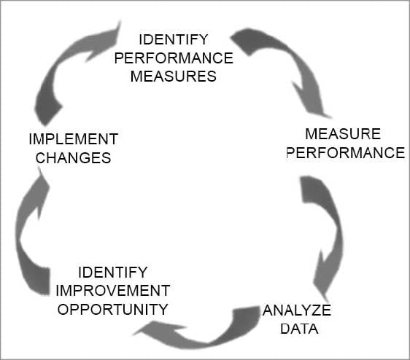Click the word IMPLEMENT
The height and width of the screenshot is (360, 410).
[x=74, y=139]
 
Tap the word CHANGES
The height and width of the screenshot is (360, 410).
[x=73, y=158]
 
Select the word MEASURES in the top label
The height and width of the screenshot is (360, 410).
[x=174, y=77]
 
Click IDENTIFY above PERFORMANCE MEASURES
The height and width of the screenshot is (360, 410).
[x=174, y=39]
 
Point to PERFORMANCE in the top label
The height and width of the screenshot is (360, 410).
[x=174, y=58]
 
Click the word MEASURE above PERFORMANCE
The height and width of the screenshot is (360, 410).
[x=343, y=134]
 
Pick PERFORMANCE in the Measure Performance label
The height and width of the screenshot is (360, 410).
[x=345, y=153]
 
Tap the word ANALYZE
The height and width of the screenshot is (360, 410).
[x=297, y=310]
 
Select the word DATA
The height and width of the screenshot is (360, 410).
[x=299, y=329]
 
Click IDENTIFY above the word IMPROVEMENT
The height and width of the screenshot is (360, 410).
[x=113, y=273]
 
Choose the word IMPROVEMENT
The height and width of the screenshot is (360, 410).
[x=113, y=291]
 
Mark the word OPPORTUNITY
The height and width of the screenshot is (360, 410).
[x=112, y=310]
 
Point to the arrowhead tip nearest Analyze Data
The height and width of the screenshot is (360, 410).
[x=327, y=302]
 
